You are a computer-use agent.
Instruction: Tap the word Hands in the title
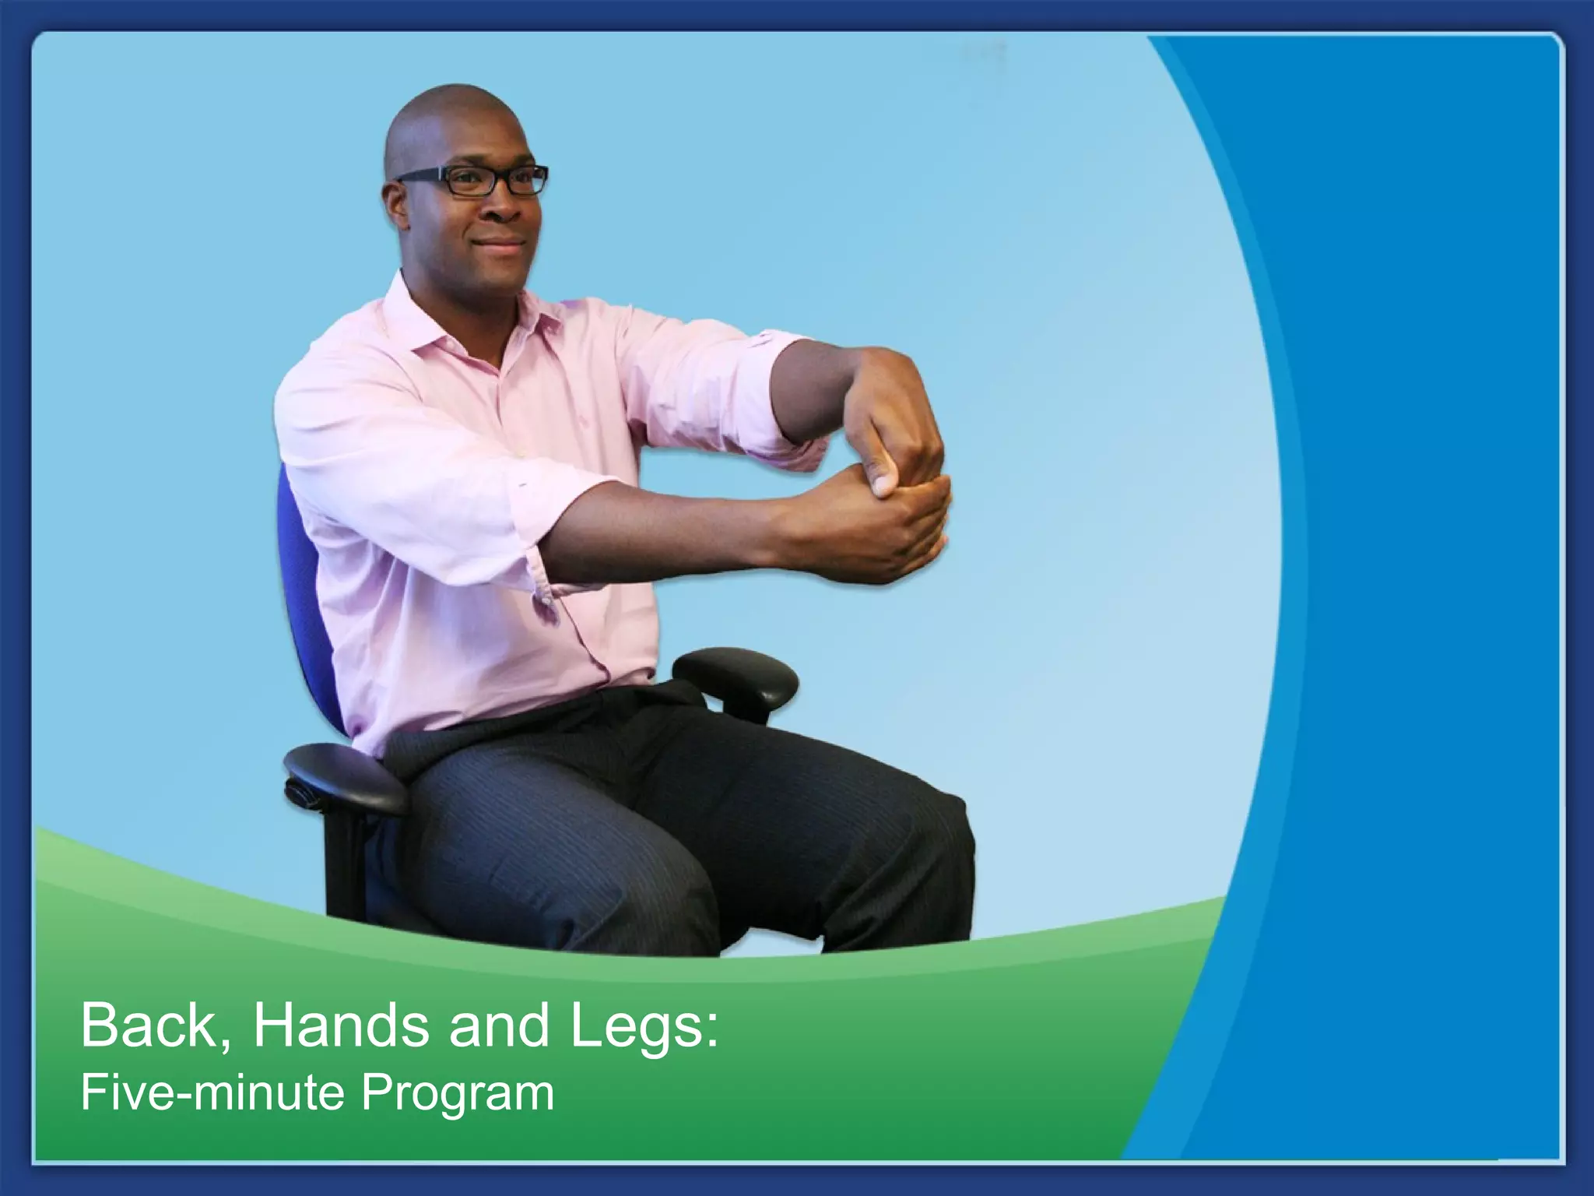click(340, 1026)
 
